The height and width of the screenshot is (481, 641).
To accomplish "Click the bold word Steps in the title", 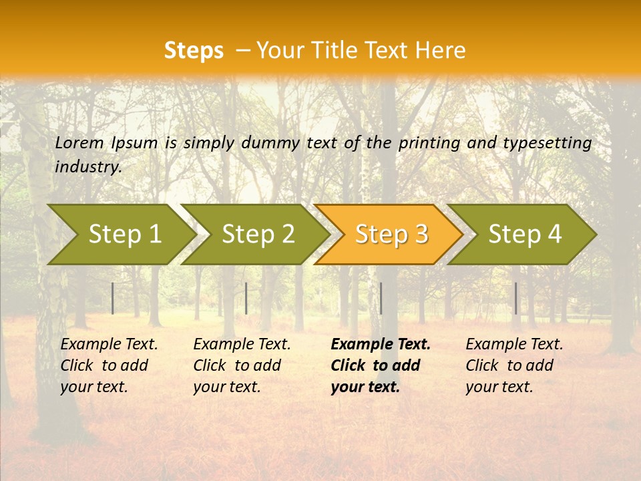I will pos(194,51).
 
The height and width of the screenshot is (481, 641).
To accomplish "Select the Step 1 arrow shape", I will pos(120,234).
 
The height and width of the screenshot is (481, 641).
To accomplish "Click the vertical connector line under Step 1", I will pos(113,298).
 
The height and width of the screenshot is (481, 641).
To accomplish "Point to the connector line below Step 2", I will pos(246,298).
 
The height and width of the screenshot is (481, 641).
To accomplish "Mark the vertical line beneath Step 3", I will pos(381,298).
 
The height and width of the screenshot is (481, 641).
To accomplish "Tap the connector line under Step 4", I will pos(515,298).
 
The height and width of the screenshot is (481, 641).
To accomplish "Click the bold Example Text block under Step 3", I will pos(381,365).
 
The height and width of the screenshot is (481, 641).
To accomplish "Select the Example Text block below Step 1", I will pos(109,365).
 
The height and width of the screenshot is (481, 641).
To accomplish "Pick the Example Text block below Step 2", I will pos(242,365).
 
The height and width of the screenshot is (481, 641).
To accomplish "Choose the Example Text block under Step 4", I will pos(514,365).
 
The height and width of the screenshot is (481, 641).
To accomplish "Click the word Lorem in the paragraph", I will pos(79,143).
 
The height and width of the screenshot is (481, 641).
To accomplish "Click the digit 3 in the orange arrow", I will pos(421,234).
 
